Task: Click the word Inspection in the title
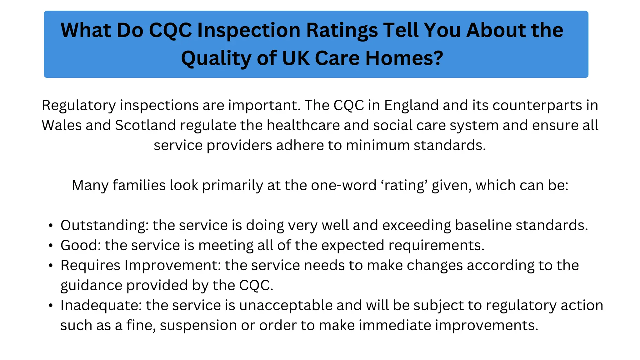(x=248, y=31)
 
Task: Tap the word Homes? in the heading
(x=404, y=58)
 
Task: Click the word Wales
(x=62, y=125)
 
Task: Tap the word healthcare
(x=303, y=125)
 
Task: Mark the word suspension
(x=198, y=326)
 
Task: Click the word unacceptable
(x=286, y=306)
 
